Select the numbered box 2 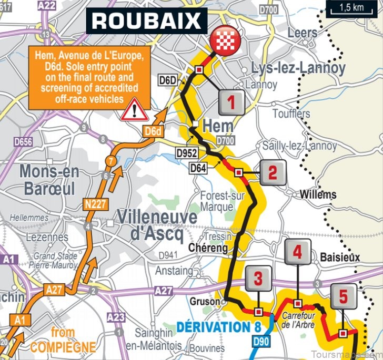tap(272, 172)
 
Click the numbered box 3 tap(258, 279)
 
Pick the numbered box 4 tap(298, 253)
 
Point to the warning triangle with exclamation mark tap(135, 110)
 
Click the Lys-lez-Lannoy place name tap(298, 68)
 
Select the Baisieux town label tap(340, 257)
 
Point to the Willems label tap(318, 194)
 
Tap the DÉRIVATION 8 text tap(219, 327)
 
